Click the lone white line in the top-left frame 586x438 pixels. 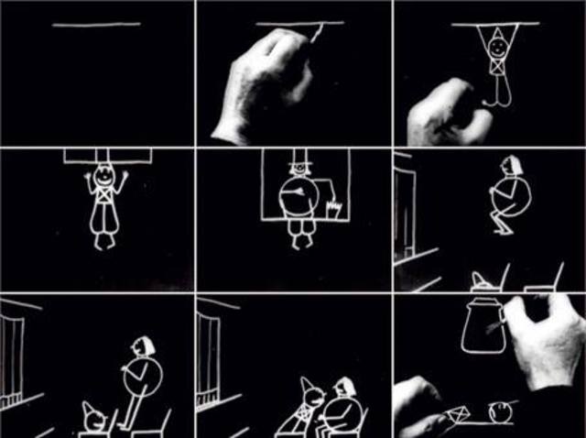[x=96, y=25]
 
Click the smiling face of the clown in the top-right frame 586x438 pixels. [x=497, y=42]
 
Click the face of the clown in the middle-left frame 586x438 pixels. [x=102, y=173]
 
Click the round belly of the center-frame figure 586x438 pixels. [x=299, y=196]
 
